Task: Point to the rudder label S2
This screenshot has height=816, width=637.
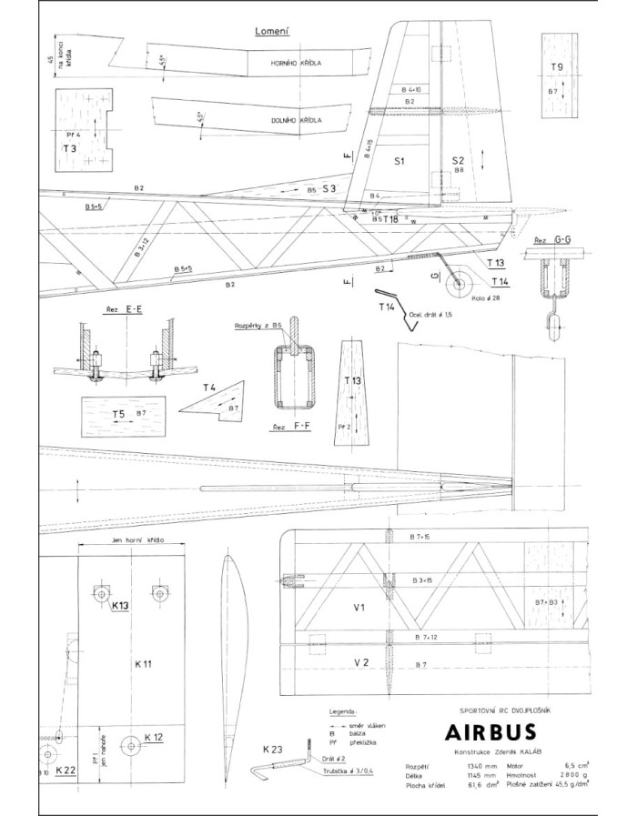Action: pos(459,160)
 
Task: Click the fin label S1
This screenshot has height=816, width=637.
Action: pos(399,161)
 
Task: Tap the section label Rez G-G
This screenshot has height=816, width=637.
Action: pos(552,239)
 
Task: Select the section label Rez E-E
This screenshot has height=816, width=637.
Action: pos(124,309)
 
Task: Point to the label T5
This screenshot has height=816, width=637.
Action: pos(118,415)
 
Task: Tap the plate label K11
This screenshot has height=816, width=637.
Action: pos(141,664)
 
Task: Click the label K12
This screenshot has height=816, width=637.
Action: pos(153,737)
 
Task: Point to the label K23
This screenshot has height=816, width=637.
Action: pos(271,750)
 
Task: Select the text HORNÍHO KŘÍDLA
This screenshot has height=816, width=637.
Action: pos(298,64)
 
